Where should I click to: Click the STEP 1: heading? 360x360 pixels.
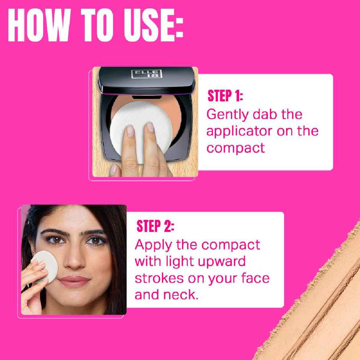(225, 96)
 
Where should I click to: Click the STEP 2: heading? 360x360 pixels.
(155, 227)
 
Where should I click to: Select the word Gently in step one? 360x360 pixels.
(226, 115)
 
